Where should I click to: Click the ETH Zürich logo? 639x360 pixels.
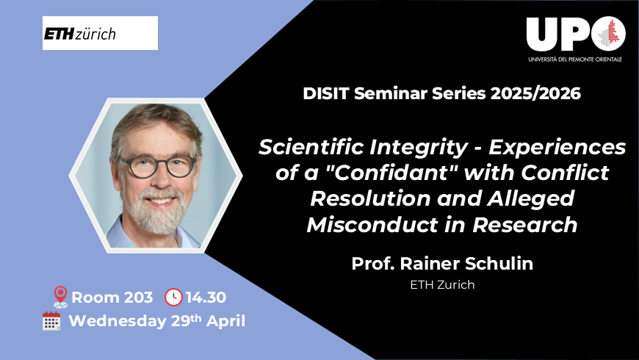(100, 34)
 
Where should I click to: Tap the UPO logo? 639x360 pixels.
(575, 34)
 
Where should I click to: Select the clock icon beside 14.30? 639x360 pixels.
(173, 297)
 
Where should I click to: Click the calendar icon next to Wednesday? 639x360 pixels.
(51, 321)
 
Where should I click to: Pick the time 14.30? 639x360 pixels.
(206, 298)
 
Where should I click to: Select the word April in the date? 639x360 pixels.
(223, 321)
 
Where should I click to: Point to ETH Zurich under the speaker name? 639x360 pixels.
(442, 284)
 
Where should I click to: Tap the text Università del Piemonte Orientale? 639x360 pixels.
(575, 58)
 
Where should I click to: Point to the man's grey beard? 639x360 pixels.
(156, 217)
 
